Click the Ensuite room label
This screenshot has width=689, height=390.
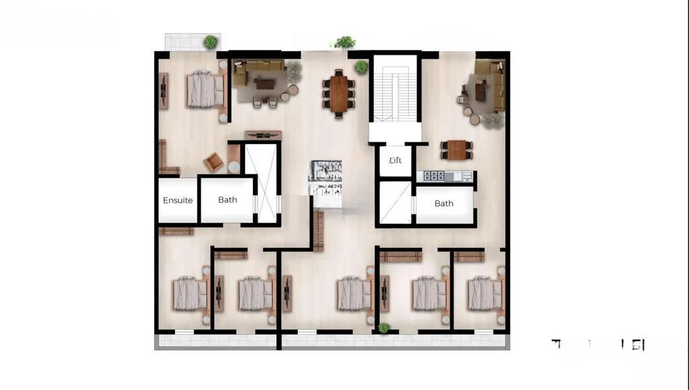point(178,200)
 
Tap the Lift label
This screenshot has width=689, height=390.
point(395,160)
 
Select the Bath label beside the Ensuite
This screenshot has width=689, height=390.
point(227,199)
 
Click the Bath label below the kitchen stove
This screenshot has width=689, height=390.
point(443,203)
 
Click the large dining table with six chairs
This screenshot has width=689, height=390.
point(338,93)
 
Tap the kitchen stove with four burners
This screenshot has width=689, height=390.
point(433,176)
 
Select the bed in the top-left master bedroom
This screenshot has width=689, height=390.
point(205,90)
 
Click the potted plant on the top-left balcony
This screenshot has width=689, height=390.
point(211,42)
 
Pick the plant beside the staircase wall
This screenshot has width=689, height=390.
point(361,67)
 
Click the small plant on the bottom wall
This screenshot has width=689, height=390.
point(384,328)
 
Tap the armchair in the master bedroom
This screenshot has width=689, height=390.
point(214,162)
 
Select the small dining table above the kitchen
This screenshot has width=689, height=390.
point(457,150)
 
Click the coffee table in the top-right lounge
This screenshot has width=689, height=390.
point(480,90)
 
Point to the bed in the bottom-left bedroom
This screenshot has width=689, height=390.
point(190,294)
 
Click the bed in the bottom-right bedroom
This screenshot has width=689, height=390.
point(485,293)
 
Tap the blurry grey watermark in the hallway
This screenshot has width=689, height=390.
point(326,178)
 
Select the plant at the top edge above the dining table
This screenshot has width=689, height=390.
point(345,42)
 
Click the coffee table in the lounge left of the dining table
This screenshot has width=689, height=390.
point(264,84)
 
